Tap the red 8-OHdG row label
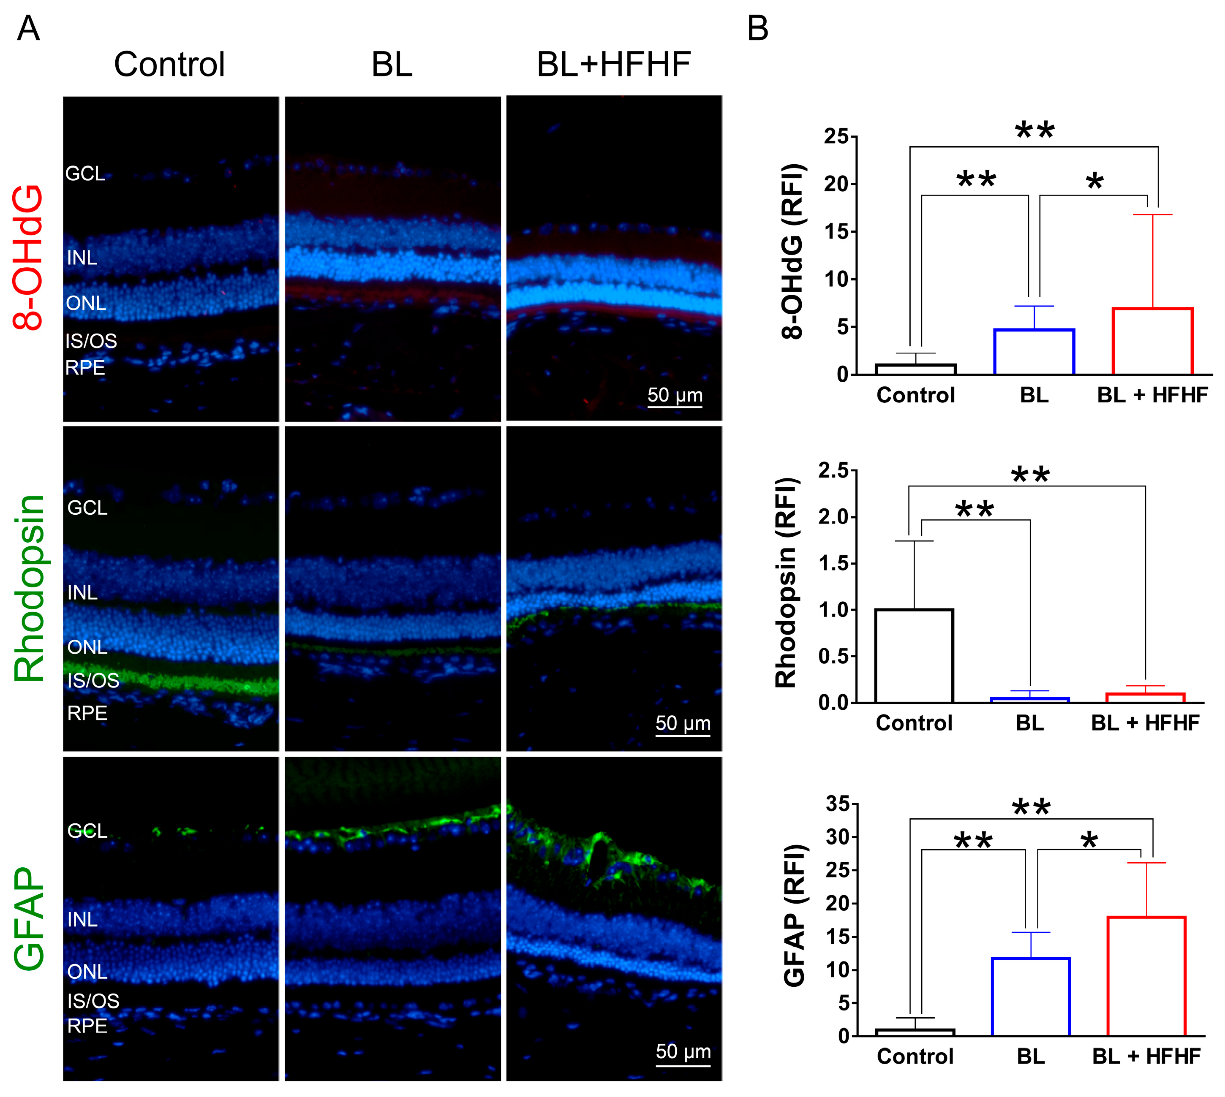[28, 258]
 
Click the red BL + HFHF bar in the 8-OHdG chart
[1152, 341]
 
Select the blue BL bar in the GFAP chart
[1031, 997]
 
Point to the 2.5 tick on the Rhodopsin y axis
[833, 471]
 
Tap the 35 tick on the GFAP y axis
[837, 804]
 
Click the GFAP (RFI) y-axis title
[795, 915]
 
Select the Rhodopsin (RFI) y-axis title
[786, 583]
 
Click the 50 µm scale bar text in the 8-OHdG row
[675, 395]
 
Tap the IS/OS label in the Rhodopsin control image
[93, 681]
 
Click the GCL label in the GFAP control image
[87, 831]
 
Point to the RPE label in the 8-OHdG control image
[85, 368]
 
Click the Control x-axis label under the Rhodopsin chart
[914, 723]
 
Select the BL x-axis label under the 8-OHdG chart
[1034, 395]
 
